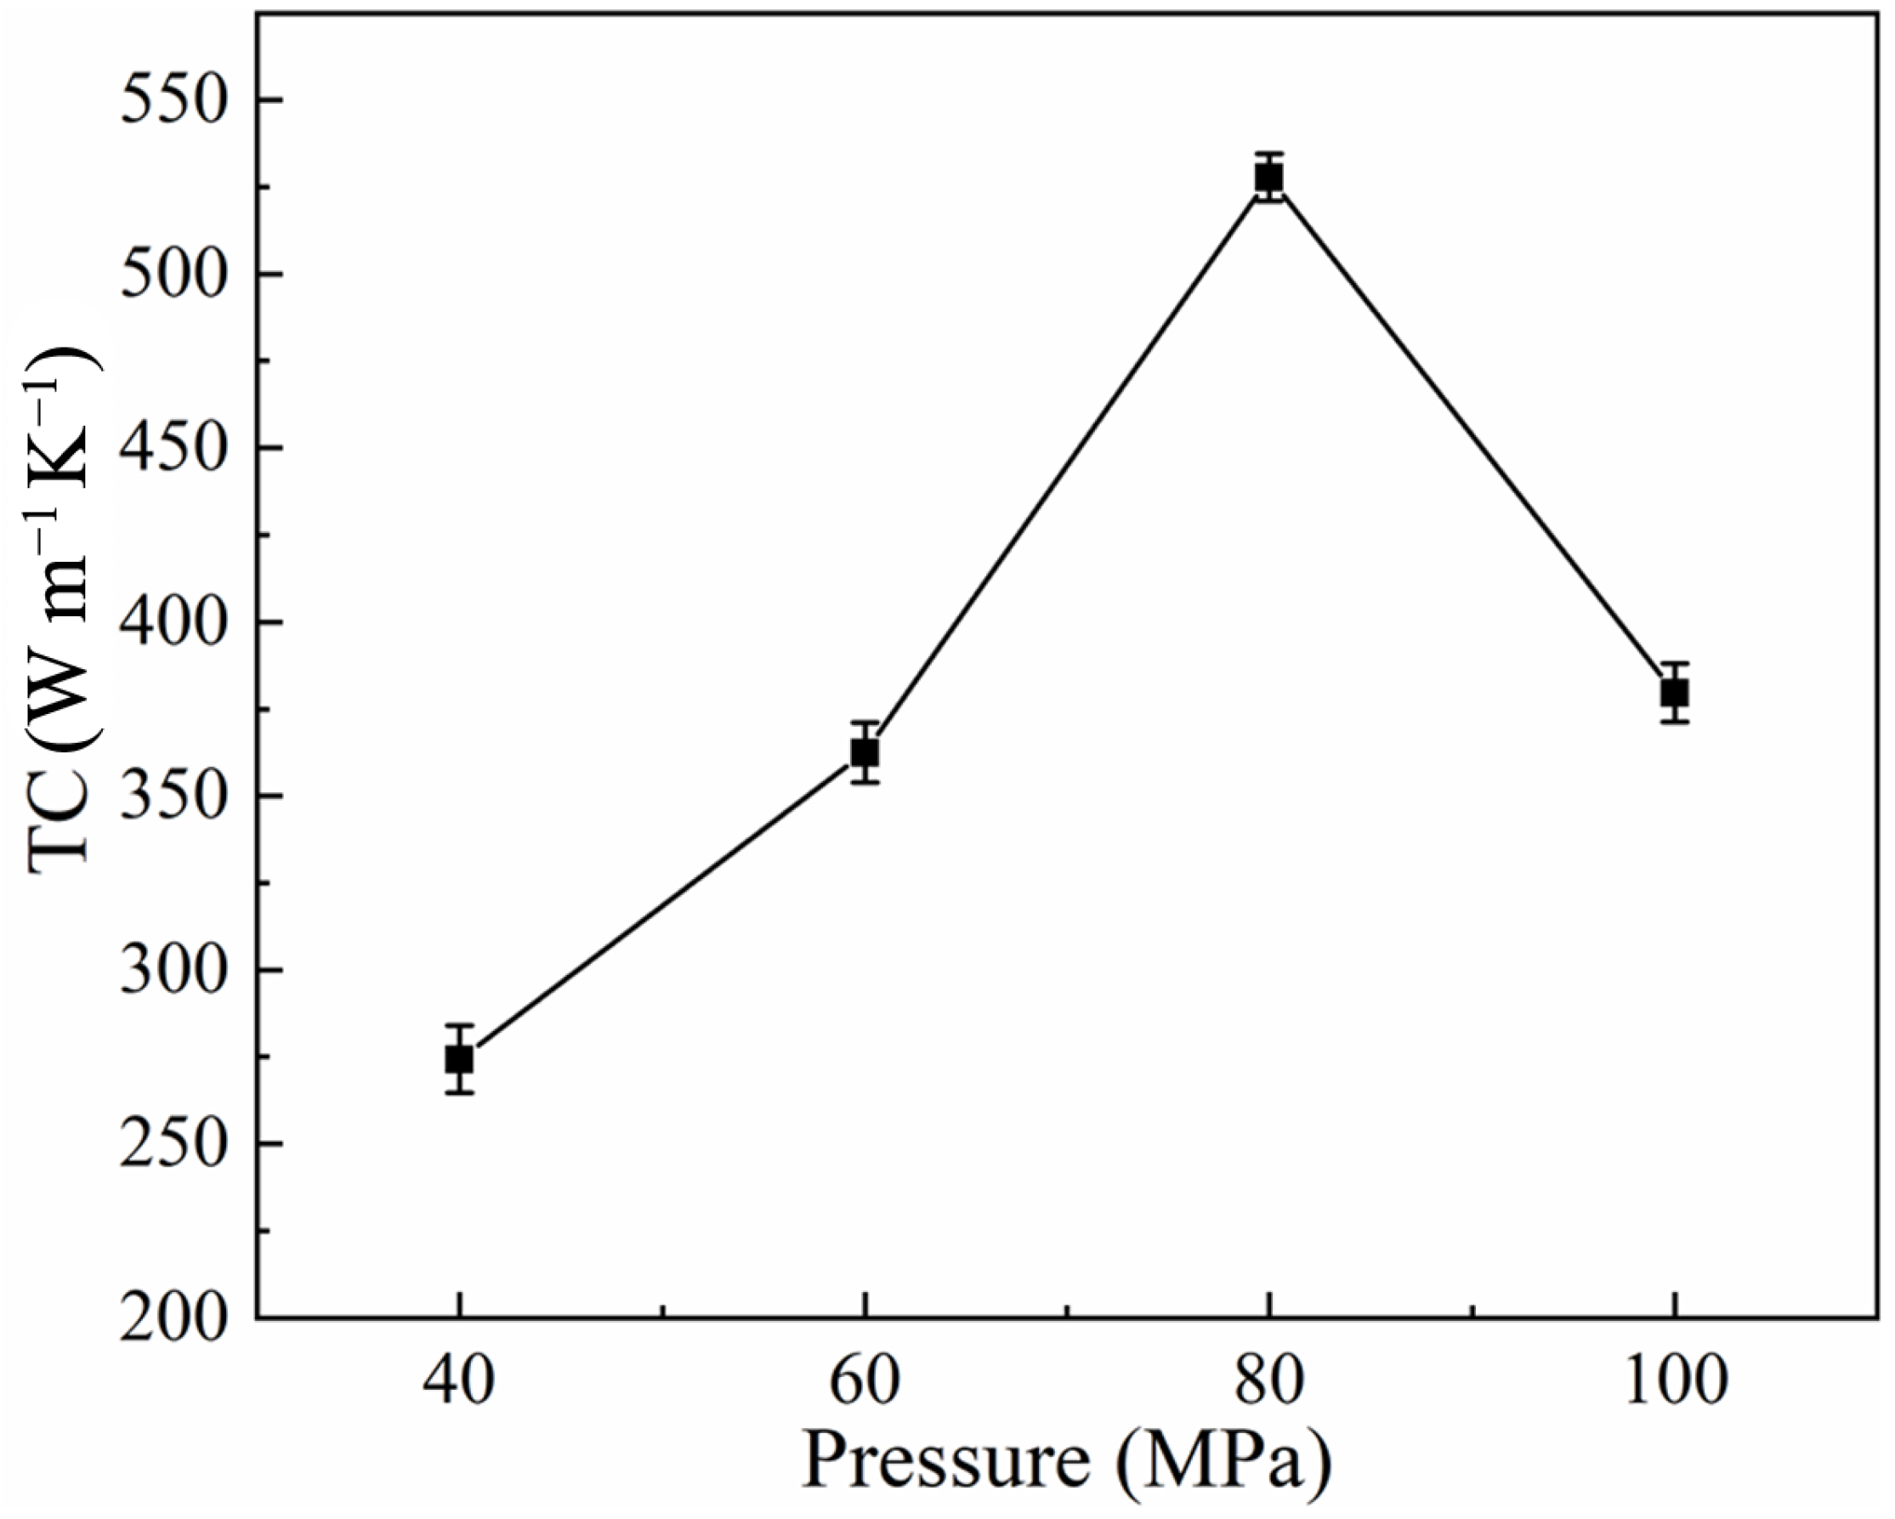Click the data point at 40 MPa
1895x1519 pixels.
point(459,1059)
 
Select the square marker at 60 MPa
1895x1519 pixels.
point(865,752)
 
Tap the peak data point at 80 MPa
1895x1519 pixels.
point(1268,179)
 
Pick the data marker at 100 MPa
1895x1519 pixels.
point(1675,694)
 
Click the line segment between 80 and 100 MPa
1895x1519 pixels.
point(1472,436)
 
